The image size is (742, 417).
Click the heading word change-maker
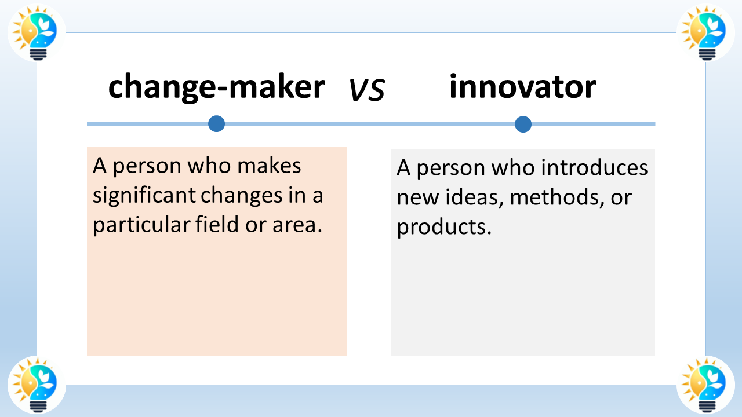tap(216, 87)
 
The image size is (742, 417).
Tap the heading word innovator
tap(522, 87)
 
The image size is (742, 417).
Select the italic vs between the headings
tap(367, 90)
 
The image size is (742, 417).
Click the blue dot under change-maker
tap(216, 123)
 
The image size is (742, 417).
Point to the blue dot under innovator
tap(523, 124)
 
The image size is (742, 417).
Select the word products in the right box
tap(443, 227)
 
